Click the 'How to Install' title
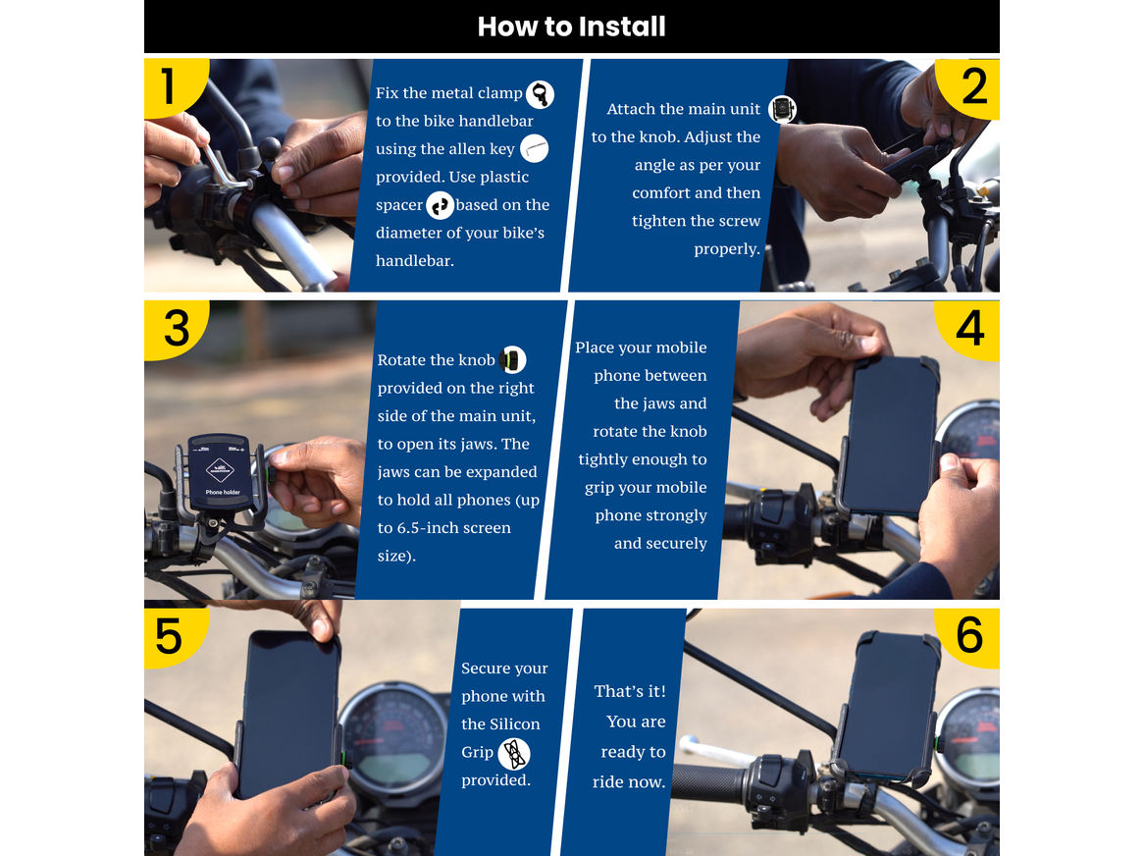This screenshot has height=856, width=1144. point(571,27)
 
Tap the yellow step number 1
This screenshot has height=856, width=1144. point(169,85)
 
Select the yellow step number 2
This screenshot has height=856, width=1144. point(973,87)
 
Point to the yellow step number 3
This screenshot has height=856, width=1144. point(177,328)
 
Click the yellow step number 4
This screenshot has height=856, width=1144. point(969,328)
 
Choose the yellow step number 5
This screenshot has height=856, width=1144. point(169,635)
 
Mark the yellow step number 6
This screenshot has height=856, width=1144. point(969,635)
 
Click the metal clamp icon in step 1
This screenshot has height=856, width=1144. point(540,94)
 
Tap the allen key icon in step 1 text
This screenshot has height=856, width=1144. point(534,149)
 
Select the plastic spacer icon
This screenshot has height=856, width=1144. point(440,205)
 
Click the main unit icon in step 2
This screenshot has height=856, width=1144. point(781,109)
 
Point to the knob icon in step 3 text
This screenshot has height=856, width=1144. point(512,360)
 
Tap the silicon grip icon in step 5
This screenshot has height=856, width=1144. point(513,754)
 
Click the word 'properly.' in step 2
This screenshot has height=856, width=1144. point(727,249)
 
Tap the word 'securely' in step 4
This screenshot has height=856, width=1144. point(675,544)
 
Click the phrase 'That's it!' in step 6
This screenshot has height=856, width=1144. point(630,691)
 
